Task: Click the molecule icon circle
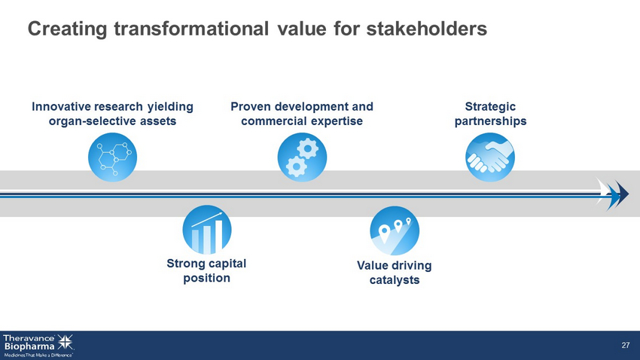113,157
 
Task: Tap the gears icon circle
302,157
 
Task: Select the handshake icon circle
490,157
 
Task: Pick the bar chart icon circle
207,230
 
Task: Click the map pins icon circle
395,230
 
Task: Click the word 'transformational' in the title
191,29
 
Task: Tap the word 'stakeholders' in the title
426,29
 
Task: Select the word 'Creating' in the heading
67,29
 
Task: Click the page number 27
625,345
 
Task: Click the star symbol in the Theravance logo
66,342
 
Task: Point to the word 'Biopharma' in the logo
29,346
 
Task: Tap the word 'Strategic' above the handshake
490,106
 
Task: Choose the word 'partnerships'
491,121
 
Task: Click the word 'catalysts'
395,280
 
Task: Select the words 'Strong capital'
206,264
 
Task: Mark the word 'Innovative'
61,106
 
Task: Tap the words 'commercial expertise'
302,121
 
